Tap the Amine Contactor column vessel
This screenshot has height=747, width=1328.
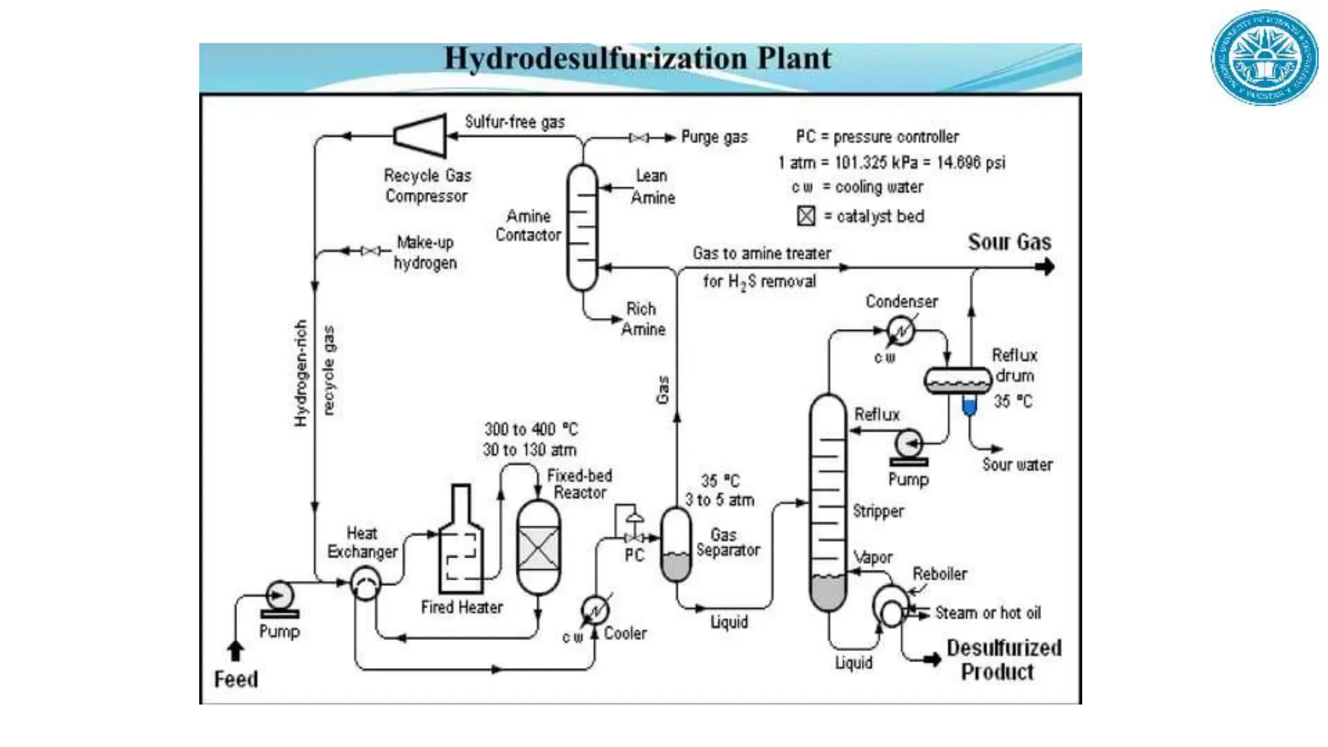click(x=582, y=227)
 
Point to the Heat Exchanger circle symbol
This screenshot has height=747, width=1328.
click(x=365, y=583)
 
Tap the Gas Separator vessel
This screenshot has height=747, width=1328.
click(x=676, y=545)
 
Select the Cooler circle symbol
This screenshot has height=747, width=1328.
click(x=595, y=610)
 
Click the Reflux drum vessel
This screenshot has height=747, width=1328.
click(x=958, y=381)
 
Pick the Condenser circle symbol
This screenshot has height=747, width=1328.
click(x=901, y=331)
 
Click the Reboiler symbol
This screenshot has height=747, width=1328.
click(x=891, y=606)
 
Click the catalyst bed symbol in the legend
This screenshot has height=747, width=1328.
click(x=806, y=216)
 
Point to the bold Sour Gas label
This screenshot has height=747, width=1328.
click(x=1009, y=242)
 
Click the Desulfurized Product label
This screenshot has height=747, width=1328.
click(x=1002, y=659)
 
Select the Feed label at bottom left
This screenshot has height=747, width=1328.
click(x=236, y=679)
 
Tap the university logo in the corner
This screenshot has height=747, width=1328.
click(x=1264, y=58)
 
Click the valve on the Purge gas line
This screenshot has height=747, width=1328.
click(x=639, y=137)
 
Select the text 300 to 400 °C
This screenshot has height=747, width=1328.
click(x=530, y=429)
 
